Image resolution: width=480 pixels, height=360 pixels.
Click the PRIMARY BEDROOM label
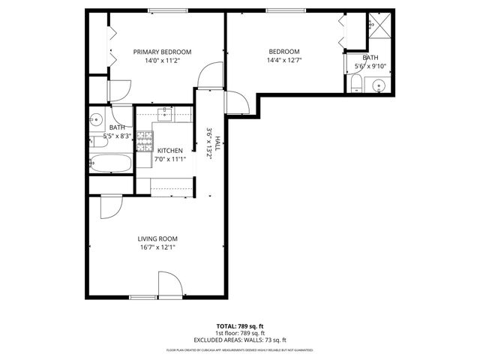(162, 52)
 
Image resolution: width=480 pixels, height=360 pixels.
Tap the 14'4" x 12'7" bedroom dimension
(284, 61)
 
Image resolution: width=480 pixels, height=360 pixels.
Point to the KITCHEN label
(169, 150)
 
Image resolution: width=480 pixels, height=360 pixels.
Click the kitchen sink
(166, 115)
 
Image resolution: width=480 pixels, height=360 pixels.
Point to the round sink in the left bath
(96, 118)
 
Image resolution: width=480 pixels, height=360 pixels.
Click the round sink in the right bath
(379, 85)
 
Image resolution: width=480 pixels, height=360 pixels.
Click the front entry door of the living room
(169, 285)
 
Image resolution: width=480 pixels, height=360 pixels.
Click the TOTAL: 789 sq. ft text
(239, 326)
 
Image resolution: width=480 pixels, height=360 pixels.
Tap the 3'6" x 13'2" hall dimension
(210, 142)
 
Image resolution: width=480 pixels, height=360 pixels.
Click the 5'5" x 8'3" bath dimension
(117, 136)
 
